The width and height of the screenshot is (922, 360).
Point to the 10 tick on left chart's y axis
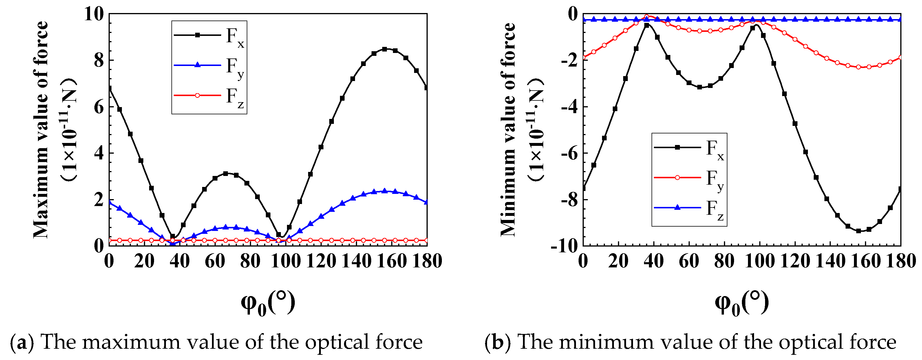pos(94,14)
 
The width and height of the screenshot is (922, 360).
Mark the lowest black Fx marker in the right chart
pos(858,231)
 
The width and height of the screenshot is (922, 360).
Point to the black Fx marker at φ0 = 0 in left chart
pos(109,88)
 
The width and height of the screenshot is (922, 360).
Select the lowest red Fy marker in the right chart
pos(858,67)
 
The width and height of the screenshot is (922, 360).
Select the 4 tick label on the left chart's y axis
pos(98,153)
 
